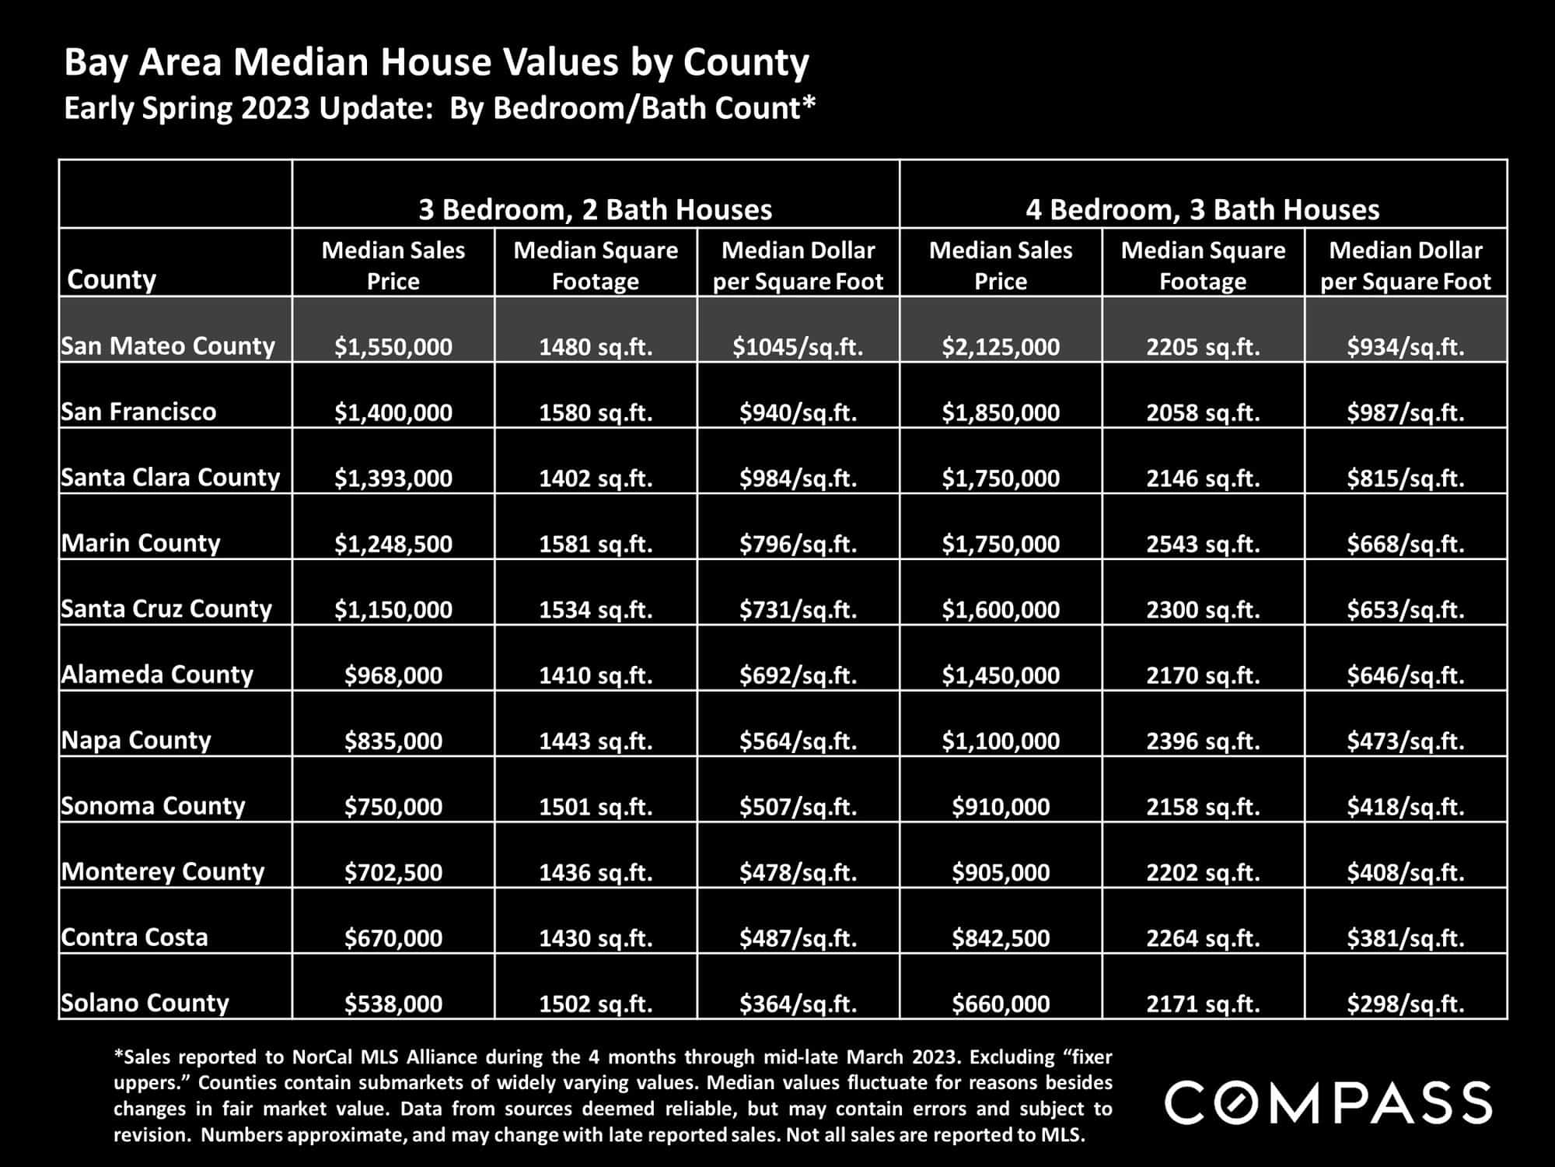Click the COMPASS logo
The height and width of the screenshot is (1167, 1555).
1328,1102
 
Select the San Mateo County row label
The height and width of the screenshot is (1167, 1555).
168,345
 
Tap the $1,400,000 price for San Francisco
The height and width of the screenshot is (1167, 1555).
393,412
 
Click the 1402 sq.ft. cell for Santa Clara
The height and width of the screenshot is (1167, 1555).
596,478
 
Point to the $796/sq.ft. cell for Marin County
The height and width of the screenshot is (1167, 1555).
798,543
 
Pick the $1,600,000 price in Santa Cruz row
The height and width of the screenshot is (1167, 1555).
1001,609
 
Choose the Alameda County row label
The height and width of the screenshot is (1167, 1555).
157,674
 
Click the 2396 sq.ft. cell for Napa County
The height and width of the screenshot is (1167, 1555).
1203,741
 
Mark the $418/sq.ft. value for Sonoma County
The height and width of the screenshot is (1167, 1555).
1406,806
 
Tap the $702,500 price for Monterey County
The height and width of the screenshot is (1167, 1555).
393,872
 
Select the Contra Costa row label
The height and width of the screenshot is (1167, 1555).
135,937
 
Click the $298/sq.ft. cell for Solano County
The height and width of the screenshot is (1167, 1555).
1406,1004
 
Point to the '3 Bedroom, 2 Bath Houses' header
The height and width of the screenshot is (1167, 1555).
596,209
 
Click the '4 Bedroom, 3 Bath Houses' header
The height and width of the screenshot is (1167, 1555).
1203,209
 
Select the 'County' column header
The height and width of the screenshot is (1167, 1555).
112,279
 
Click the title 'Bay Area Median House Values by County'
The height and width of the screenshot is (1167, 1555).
436,63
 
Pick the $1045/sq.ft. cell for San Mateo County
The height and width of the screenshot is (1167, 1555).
798,346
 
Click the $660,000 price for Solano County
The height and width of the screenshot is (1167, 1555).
1001,1004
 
